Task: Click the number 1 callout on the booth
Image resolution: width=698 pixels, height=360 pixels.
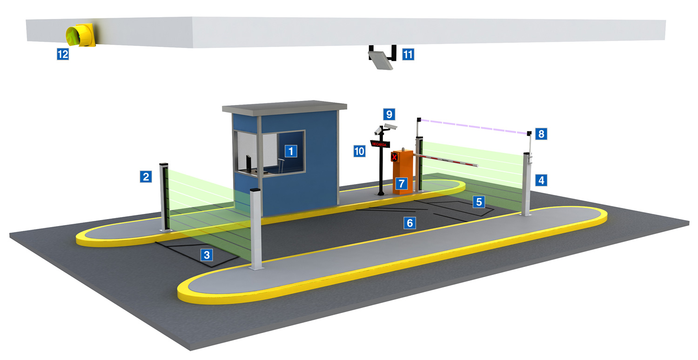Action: tap(291, 151)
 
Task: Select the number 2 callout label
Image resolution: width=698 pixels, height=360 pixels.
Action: tap(146, 176)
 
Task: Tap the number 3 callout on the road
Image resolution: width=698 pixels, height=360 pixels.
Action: tap(207, 254)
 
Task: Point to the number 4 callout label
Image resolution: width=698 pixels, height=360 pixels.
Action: tap(540, 180)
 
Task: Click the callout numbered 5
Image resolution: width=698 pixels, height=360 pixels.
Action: tap(479, 201)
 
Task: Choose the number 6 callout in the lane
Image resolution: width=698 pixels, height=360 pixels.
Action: tap(409, 223)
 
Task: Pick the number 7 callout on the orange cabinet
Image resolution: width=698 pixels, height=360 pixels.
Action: tap(400, 182)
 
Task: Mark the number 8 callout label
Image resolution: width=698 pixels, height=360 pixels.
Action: tap(541, 134)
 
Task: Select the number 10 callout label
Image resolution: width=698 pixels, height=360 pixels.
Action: tap(359, 151)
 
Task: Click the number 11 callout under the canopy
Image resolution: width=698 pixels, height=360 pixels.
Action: tap(408, 54)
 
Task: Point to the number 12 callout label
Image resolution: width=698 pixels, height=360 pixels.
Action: tap(62, 54)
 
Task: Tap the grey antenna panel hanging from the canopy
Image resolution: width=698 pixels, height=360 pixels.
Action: tap(381, 60)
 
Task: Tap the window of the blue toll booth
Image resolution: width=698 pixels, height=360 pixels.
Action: tap(270, 151)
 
